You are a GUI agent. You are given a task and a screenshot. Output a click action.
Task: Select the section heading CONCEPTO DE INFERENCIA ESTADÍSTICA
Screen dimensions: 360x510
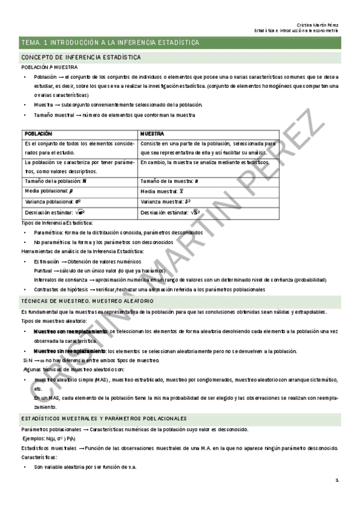[81, 57]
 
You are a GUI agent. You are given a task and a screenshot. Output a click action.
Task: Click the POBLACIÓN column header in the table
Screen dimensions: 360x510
[38, 134]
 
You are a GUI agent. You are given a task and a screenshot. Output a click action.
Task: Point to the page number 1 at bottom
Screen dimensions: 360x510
[337, 480]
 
